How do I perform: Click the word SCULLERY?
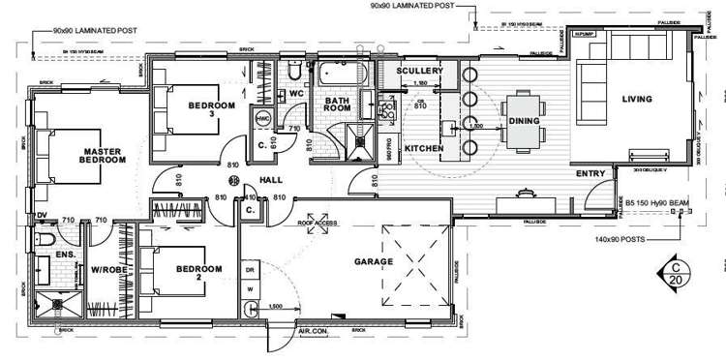(x=420, y=72)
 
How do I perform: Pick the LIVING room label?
(x=636, y=100)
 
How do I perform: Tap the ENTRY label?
(x=590, y=174)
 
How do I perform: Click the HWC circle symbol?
(x=262, y=118)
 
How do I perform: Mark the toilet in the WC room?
(x=292, y=72)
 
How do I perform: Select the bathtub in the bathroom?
(x=342, y=74)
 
